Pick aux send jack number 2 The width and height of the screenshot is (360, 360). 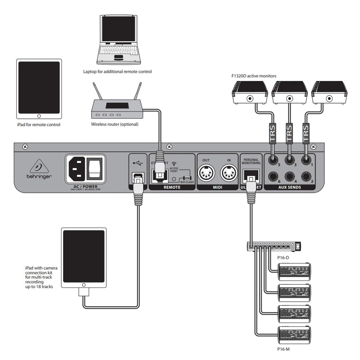pyautogui.click(x=306, y=176)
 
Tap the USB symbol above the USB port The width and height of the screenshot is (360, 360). pyautogui.click(x=137, y=162)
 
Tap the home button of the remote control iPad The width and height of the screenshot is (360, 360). pyautogui.click(x=39, y=116)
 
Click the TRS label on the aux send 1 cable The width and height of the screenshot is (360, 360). pyautogui.click(x=306, y=132)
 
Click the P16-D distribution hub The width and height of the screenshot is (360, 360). pyautogui.click(x=273, y=247)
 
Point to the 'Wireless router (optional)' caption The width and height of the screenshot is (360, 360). pyautogui.click(x=114, y=124)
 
